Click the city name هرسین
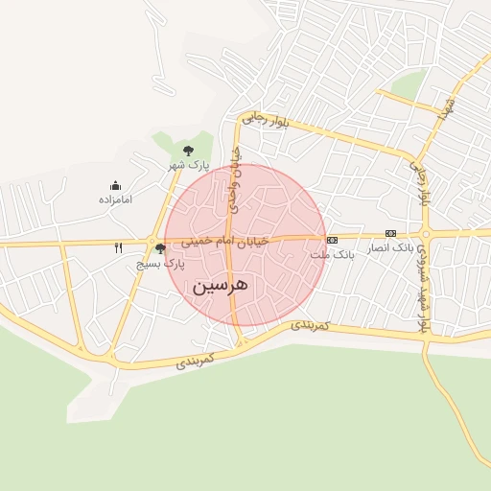[221, 285]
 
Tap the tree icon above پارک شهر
[188, 151]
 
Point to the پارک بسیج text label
[160, 263]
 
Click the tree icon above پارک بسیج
[160, 249]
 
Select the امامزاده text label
[115, 199]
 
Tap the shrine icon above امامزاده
[115, 186]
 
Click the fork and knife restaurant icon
[119, 247]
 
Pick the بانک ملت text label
[333, 256]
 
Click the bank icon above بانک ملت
[332, 240]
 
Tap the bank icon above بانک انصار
[390, 233]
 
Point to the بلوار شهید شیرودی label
[422, 285]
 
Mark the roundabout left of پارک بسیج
[152, 241]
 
